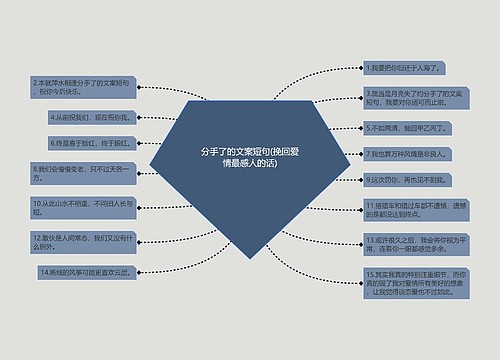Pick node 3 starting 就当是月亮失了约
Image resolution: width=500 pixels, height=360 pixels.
(415, 97)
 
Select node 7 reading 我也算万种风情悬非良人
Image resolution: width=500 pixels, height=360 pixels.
(411, 154)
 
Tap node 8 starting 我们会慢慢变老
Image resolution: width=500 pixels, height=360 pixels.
(84, 174)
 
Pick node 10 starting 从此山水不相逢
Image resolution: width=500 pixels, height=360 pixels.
(84, 206)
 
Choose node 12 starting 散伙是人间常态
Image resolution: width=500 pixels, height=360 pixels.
(84, 241)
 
